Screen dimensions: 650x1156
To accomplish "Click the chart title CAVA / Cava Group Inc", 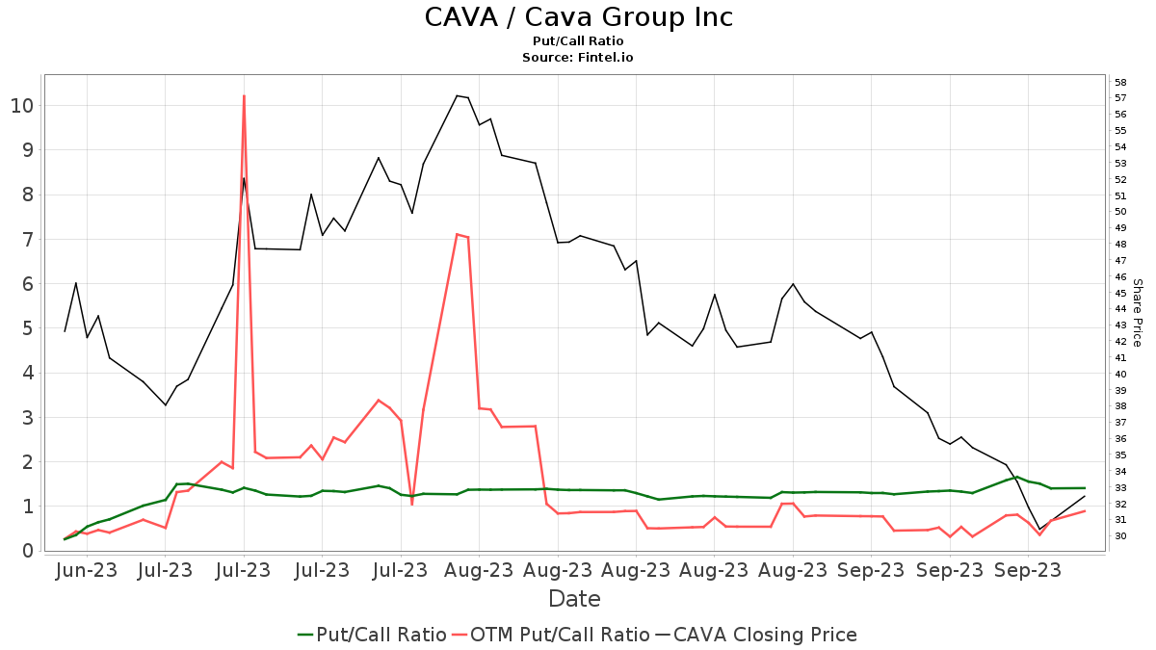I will tap(578, 17).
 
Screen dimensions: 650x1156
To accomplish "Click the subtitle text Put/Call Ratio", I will tap(578, 41).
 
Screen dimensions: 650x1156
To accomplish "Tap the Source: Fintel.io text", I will tap(578, 58).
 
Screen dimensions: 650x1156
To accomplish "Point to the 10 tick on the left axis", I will tap(22, 105).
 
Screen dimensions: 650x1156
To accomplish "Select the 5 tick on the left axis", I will tap(28, 328).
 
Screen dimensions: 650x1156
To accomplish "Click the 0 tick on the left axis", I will tap(28, 551).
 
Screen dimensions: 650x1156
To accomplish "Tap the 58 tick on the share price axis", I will tap(1120, 82).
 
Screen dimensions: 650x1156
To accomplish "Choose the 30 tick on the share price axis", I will tap(1120, 536).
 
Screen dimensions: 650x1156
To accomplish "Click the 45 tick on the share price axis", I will tap(1120, 293).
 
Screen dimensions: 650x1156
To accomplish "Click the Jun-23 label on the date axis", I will tap(87, 570).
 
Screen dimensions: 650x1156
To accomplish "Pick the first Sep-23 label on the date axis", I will tap(871, 570).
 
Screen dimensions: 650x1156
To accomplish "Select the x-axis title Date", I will tap(574, 599).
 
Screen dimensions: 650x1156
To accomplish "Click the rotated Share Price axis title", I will tap(1137, 313).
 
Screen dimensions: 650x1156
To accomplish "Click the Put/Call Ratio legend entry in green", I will tap(372, 635).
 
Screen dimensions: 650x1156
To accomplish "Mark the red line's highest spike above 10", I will tap(244, 96).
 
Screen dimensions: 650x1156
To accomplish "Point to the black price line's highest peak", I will tap(457, 95).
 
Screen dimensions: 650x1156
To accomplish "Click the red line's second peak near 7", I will tap(457, 234).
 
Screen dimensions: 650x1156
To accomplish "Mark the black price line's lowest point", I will tap(1039, 529).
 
